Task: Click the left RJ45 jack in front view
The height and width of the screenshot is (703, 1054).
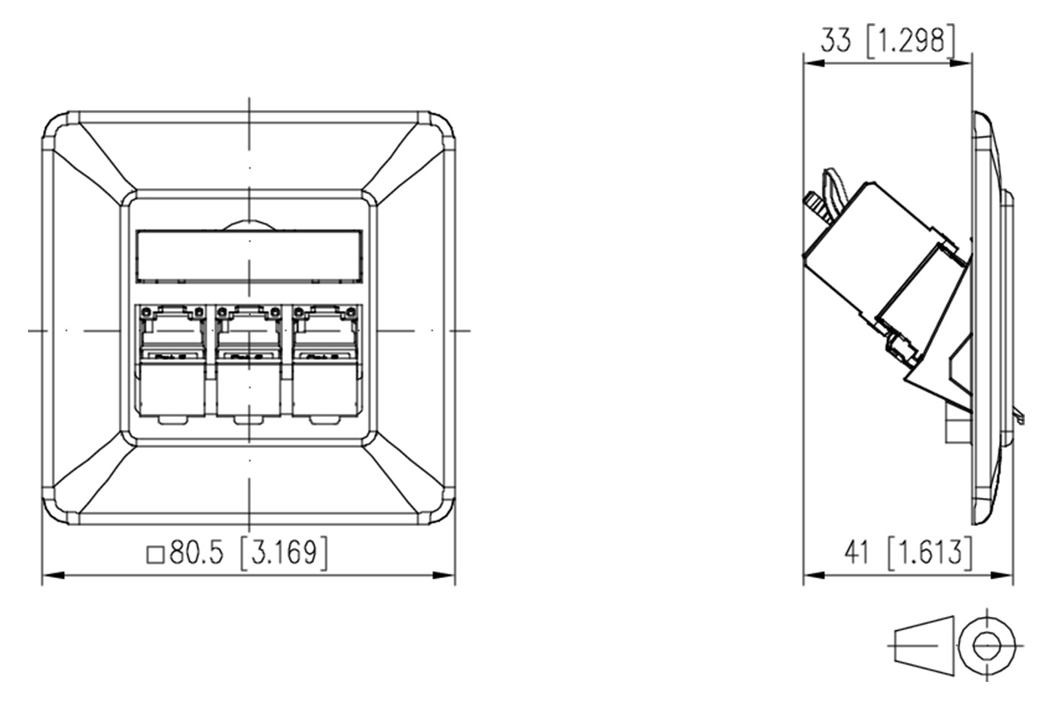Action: [172, 361]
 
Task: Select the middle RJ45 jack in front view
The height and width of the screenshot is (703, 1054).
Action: [249, 361]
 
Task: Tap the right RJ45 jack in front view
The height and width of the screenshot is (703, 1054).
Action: [325, 361]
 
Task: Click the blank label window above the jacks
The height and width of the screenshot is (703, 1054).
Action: [249, 257]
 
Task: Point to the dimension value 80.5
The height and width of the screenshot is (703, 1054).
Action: [196, 553]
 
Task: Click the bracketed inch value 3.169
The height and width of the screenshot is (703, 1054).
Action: [284, 553]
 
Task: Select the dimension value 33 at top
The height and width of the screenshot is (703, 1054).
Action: [836, 41]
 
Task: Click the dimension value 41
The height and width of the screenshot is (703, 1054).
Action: [857, 553]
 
